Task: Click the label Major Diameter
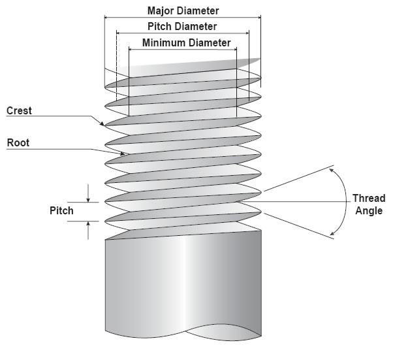point(183,11)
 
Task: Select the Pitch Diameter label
point(182,27)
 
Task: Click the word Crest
point(19,110)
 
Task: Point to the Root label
point(18,142)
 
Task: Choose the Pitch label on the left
point(61,212)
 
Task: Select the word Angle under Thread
point(366,210)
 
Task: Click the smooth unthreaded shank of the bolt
point(183,281)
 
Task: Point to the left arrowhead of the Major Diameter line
point(107,18)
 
